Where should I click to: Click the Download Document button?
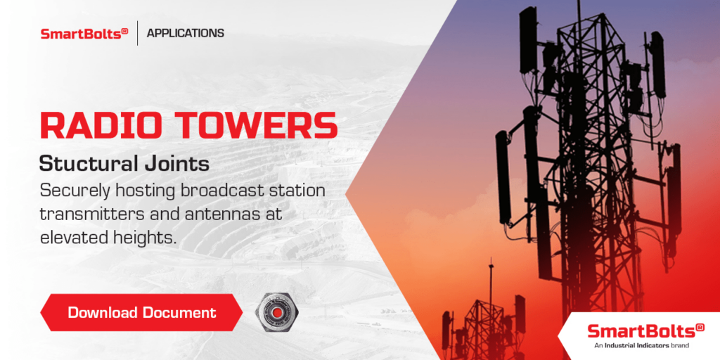141,312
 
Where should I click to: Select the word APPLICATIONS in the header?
186,33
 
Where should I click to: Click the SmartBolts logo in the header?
84,33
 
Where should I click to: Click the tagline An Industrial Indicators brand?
641,346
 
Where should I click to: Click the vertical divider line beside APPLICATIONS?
137,33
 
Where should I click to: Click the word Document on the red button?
179,312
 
